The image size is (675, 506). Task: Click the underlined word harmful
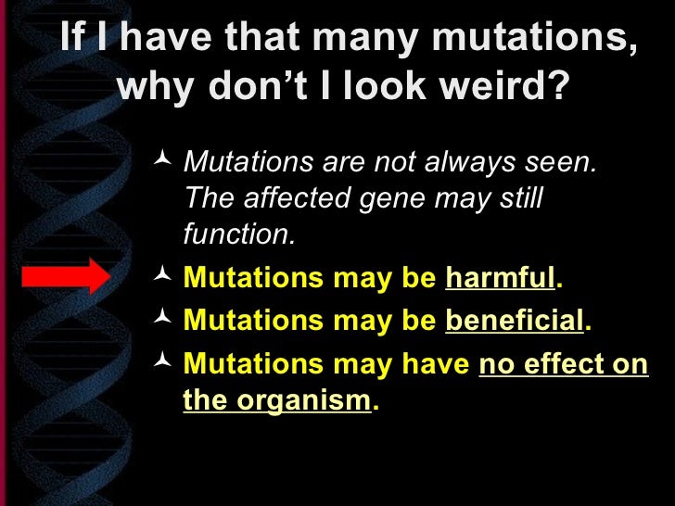tap(500, 278)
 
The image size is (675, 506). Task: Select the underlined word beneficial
tap(515, 321)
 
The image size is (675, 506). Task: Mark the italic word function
tap(237, 235)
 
